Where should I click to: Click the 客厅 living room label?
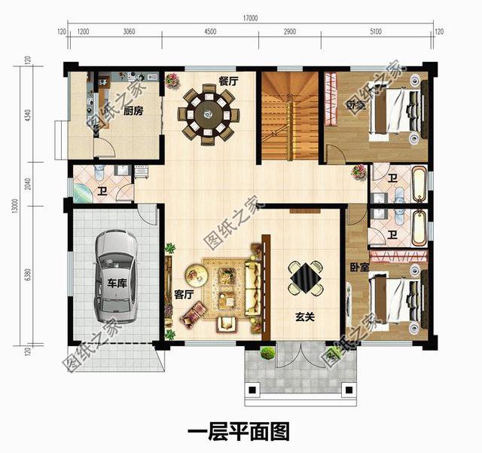(184, 294)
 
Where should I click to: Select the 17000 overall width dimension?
(250, 17)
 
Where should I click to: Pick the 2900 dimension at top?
(290, 32)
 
